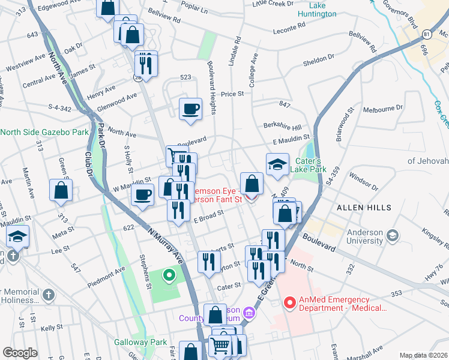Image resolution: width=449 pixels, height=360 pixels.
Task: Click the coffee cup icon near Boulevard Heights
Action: pos(190,109)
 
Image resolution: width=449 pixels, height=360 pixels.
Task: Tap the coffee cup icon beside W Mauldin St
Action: pos(142,195)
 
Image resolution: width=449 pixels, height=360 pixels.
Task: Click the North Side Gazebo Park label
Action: pos(44,132)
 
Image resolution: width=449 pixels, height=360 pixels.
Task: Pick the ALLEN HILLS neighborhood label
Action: pos(363,208)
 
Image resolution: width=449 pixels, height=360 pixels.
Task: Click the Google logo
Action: pos(20,353)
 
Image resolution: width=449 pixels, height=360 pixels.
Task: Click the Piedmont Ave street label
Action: pos(107,270)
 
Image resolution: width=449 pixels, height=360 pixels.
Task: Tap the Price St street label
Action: pos(232,94)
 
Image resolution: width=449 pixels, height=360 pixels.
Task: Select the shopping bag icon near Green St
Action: pos(61,190)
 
